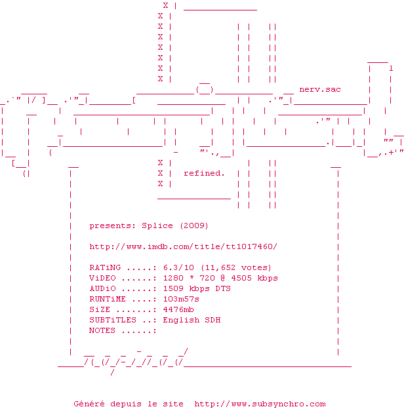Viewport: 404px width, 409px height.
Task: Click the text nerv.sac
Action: [320, 89]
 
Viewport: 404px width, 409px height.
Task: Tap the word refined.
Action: [204, 173]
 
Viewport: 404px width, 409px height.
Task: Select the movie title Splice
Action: [157, 225]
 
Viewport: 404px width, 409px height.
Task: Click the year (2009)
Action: [194, 225]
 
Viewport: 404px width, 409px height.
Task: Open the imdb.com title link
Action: [183, 246]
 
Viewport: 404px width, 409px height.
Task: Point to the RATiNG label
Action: [105, 267]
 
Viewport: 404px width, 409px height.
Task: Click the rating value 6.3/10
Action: [178, 267]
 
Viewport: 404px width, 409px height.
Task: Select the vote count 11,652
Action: [220, 267]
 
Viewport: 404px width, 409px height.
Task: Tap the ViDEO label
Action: [102, 278]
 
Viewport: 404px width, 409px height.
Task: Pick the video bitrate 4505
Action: [241, 278]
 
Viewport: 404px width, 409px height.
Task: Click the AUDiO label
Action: [102, 288]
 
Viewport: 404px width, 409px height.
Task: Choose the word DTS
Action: [223, 288]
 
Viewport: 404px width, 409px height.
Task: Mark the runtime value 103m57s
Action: [181, 299]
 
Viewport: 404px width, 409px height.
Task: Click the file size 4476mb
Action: [178, 309]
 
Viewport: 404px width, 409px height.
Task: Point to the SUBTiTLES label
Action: [113, 320]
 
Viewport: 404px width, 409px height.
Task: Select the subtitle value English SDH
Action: [192, 320]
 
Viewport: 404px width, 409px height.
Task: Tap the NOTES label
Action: [102, 330]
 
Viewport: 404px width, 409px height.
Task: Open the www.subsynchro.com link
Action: [260, 404]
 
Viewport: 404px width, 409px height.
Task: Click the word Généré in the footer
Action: [89, 404]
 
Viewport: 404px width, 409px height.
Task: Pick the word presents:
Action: [113, 226]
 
